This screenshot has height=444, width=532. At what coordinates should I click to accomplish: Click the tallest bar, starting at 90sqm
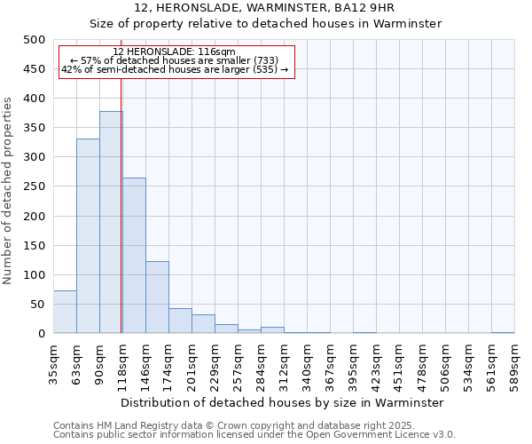click(x=111, y=222)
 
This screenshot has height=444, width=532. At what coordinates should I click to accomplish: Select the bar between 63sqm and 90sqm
click(x=88, y=235)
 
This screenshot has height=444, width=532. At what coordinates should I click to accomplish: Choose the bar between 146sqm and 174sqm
click(x=157, y=297)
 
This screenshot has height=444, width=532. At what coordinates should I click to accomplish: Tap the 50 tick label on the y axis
click(x=38, y=305)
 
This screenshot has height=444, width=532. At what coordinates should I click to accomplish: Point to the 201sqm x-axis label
click(x=192, y=362)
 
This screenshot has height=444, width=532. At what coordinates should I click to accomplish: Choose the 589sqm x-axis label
click(x=514, y=362)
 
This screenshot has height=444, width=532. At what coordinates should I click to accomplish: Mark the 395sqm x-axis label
click(x=353, y=362)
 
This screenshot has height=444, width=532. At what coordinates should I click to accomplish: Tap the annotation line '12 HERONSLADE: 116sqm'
click(x=175, y=52)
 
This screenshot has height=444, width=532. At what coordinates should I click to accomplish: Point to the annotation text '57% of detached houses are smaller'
click(x=175, y=60)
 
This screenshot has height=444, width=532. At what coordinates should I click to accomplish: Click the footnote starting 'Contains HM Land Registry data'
click(x=233, y=425)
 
